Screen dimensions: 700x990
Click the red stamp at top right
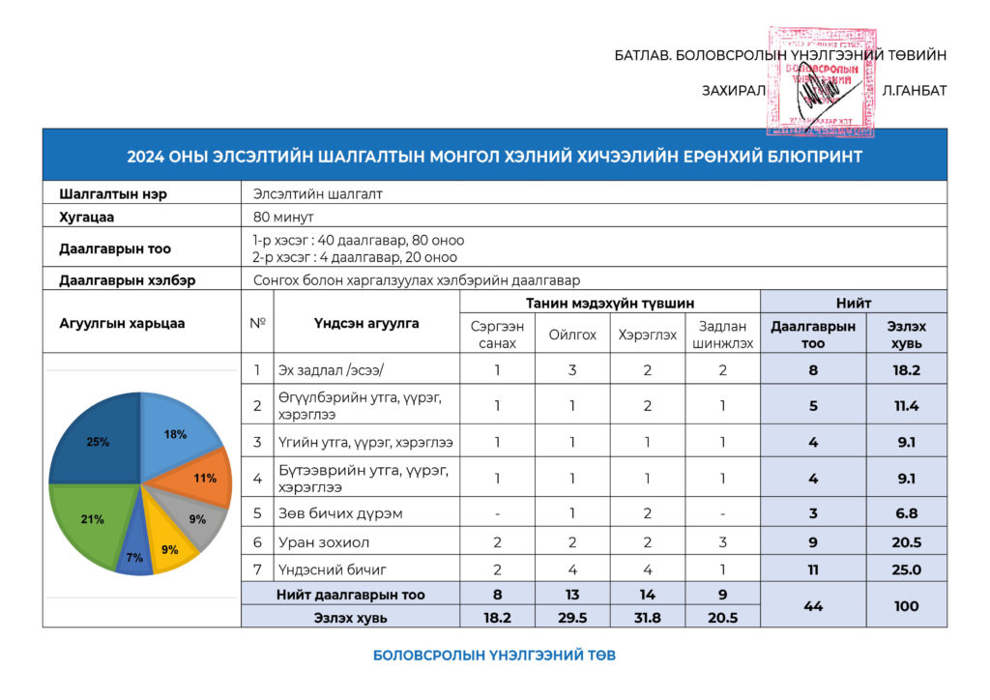click(820, 82)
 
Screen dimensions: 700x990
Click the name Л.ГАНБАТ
click(914, 91)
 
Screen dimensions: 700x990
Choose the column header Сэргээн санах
click(497, 335)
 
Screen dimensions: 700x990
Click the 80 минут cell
click(283, 216)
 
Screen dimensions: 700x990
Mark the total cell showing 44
click(812, 606)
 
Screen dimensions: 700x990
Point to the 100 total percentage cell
click(906, 606)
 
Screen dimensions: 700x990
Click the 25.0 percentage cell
click(906, 569)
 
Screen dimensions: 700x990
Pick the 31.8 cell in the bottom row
click(647, 617)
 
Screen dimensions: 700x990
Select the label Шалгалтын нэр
click(113, 193)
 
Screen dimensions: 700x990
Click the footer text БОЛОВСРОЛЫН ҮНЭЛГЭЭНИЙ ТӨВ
click(494, 656)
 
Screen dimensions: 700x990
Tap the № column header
click(257, 323)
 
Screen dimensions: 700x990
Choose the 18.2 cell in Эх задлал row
click(906, 369)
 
